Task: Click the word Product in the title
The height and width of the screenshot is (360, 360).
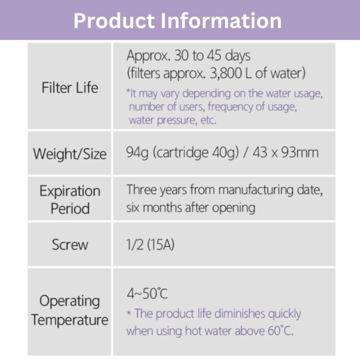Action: point(114,21)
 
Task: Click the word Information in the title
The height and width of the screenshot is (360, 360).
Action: point(221,21)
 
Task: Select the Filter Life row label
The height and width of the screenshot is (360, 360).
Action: point(70,88)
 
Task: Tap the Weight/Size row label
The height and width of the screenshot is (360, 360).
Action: point(70,154)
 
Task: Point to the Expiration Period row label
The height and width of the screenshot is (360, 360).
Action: point(70,200)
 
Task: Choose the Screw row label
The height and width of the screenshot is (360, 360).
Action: point(70,245)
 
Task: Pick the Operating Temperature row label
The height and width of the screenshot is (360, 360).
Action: point(70,310)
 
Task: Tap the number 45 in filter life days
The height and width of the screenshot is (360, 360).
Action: point(214,56)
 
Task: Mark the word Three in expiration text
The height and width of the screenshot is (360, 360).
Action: point(141,190)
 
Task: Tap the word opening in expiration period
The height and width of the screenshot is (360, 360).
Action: point(233,208)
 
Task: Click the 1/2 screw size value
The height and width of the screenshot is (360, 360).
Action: point(135,245)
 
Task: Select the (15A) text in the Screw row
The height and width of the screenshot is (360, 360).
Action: point(160,245)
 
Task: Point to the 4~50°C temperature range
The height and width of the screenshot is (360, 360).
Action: point(147,293)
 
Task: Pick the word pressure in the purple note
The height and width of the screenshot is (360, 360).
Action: point(176,120)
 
